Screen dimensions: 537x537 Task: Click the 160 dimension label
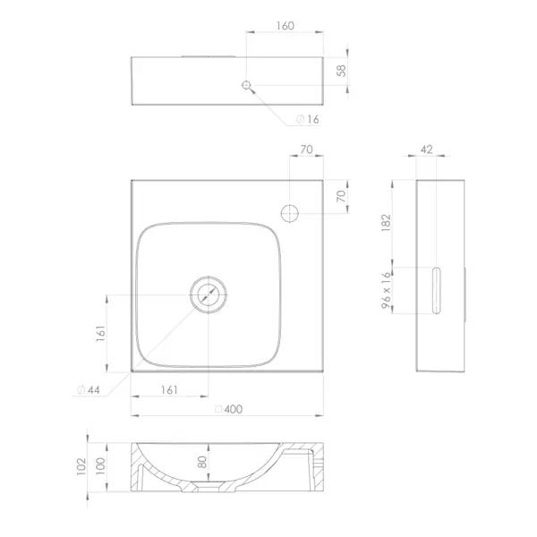286,26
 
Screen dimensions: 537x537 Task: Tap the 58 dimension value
342,71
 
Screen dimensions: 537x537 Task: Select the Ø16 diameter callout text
308,119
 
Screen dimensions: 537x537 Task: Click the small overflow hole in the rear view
246,85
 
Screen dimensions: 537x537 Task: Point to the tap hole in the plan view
290,213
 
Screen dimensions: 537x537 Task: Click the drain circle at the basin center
209,294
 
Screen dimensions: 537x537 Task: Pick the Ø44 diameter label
89,389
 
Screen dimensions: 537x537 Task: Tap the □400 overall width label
228,409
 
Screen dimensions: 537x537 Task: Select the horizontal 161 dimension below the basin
169,389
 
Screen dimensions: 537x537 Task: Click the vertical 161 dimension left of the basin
100,333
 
